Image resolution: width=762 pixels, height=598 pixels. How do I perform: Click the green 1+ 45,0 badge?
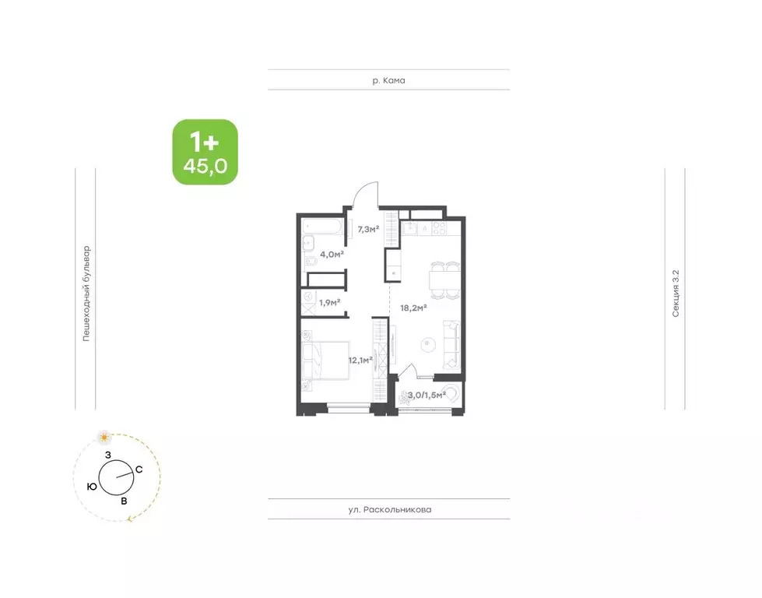point(205,152)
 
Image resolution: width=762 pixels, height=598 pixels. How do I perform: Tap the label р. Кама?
point(388,80)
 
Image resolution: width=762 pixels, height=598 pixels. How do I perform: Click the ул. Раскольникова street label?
point(390,509)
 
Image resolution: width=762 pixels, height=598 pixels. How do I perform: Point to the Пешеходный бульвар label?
point(86,294)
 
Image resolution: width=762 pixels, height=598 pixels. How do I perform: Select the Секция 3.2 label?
point(676,294)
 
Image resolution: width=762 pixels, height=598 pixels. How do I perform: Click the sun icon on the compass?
point(104,438)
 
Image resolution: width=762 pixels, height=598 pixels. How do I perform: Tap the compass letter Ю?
point(92,486)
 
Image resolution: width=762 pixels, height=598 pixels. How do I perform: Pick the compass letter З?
point(108,455)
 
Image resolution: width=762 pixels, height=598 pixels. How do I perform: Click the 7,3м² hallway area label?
point(368,229)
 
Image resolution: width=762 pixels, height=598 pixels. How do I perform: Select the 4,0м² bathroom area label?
point(332,254)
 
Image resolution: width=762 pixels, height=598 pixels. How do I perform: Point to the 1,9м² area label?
point(329,302)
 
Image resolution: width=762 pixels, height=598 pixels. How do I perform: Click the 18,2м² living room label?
point(413,308)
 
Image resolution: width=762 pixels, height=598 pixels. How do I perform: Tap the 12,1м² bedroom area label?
point(360,361)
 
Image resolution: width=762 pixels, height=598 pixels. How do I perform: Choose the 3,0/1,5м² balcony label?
point(427,396)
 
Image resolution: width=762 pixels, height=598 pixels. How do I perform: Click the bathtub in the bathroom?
point(323,227)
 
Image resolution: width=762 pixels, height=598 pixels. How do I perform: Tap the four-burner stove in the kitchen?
point(439,228)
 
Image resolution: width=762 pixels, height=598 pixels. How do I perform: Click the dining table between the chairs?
point(441,280)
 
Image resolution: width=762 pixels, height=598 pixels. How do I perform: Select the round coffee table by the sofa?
point(427,343)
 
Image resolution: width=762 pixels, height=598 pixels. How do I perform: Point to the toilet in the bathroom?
point(310,263)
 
